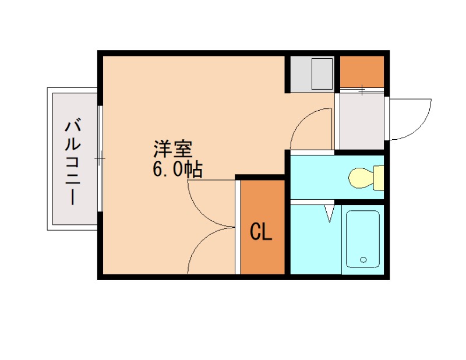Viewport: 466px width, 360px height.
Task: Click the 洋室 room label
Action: (172, 149)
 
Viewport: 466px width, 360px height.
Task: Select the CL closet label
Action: (261, 232)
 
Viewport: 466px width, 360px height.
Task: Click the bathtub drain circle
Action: (364, 260)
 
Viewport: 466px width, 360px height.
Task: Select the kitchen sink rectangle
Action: (322, 74)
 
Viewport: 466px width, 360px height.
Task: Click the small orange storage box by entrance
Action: (362, 70)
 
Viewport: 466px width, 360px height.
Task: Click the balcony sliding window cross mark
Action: (100, 158)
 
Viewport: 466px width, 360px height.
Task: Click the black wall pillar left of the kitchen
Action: (287, 74)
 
